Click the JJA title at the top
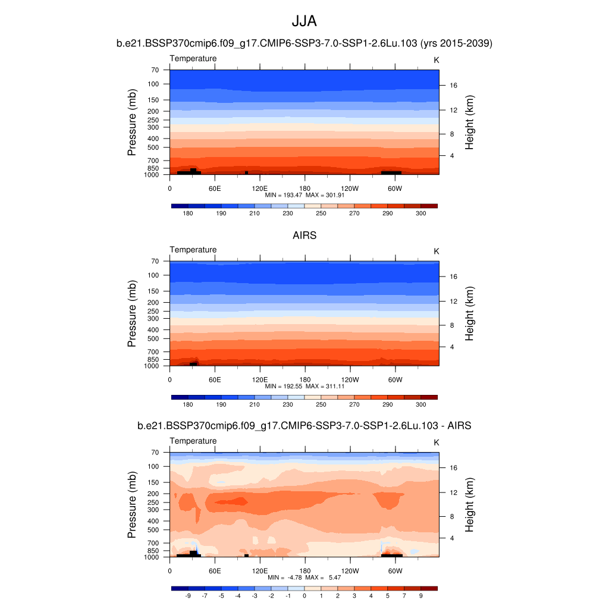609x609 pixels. tap(304, 22)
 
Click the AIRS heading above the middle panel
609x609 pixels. tap(304, 236)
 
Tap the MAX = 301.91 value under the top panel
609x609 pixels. tap(325, 194)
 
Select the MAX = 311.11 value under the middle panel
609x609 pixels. tap(325, 386)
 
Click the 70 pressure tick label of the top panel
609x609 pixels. tap(155, 70)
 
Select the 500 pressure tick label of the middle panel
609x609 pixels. tap(153, 338)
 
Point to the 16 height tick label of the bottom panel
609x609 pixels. tap(452, 467)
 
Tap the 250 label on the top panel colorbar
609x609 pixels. tap(321, 213)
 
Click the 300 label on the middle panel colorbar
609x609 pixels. tap(420, 404)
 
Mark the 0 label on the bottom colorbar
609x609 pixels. tap(304, 595)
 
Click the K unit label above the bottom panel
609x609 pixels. tap(436, 443)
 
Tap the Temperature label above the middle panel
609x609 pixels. tap(193, 250)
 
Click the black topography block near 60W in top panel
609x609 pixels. tap(391, 172)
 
